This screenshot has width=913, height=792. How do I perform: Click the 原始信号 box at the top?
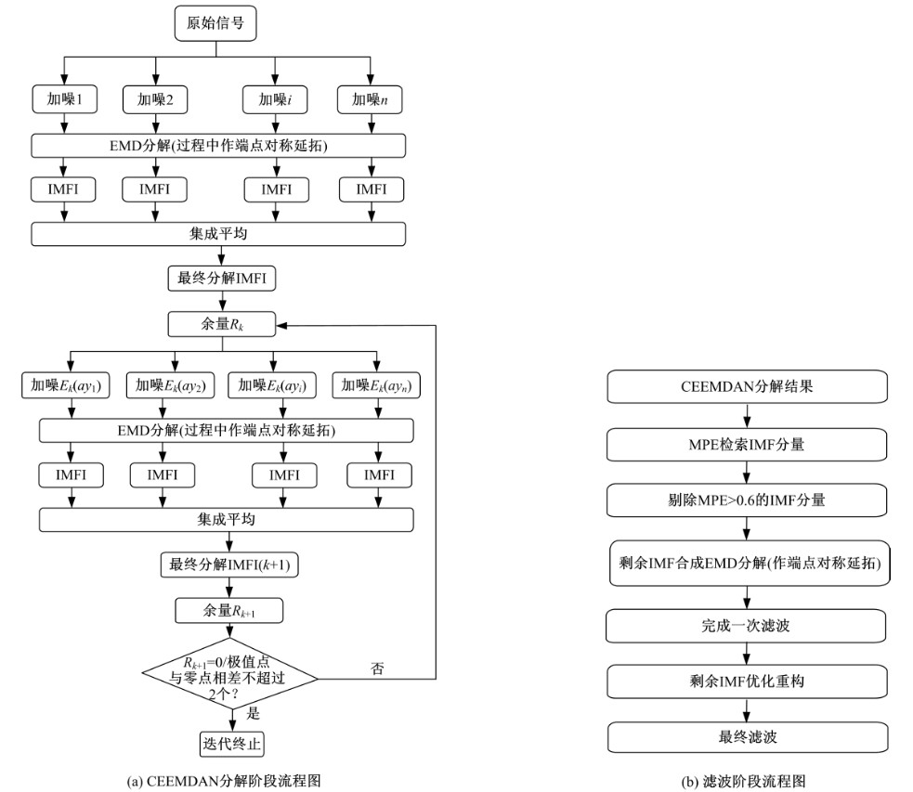tap(216, 24)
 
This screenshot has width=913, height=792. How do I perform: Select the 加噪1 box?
tap(63, 99)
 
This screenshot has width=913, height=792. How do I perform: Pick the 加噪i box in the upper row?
tap(276, 99)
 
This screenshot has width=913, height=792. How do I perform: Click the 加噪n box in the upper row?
tap(372, 99)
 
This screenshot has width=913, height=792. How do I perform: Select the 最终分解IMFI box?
tap(220, 278)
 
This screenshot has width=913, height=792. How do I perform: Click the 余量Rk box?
tap(220, 324)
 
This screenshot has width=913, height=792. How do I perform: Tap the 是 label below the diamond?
tap(253, 714)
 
